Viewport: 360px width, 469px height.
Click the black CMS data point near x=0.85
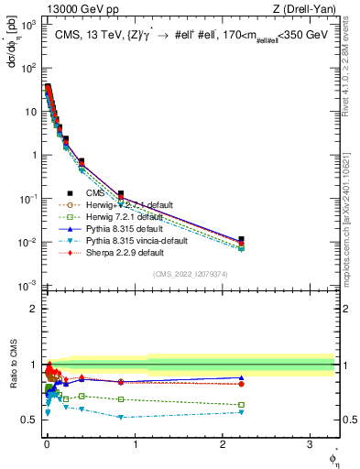pyautogui.click(x=121, y=194)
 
